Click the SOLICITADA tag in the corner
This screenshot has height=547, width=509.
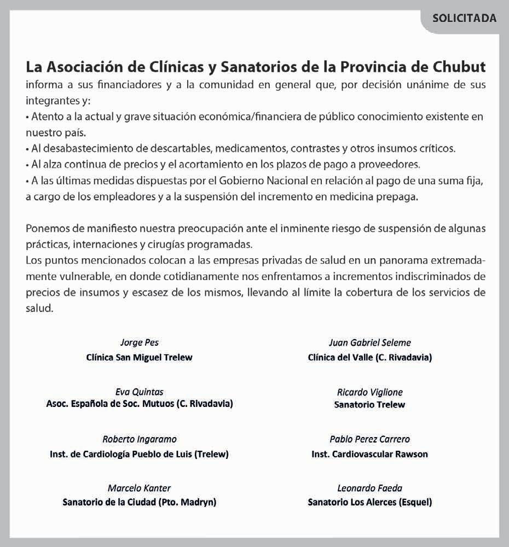point(464,18)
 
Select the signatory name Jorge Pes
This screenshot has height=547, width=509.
point(140,342)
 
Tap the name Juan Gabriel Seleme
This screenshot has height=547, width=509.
point(370,342)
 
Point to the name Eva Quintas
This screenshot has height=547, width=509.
point(140,392)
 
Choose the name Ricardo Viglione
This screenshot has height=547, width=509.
point(370,392)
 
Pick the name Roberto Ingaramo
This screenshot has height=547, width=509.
point(140,439)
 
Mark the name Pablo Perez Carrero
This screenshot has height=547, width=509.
point(370,439)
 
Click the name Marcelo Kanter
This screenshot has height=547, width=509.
point(140,488)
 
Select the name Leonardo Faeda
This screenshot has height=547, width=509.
point(370,488)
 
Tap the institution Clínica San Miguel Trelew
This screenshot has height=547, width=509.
point(140,358)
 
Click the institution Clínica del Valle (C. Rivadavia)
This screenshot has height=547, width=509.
point(370,358)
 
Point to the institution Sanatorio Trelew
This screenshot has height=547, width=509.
point(370,405)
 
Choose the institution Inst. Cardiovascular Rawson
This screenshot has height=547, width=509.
point(370,454)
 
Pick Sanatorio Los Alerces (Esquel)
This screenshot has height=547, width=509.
point(370,502)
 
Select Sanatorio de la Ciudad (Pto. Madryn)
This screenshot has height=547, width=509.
point(140,502)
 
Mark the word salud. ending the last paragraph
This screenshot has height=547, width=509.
point(39,308)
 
